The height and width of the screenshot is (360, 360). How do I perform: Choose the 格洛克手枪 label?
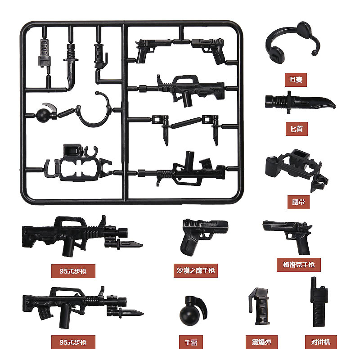(298, 264)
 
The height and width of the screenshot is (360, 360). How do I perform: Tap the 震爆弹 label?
(261, 342)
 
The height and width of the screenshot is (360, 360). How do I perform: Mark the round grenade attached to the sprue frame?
(45, 113)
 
